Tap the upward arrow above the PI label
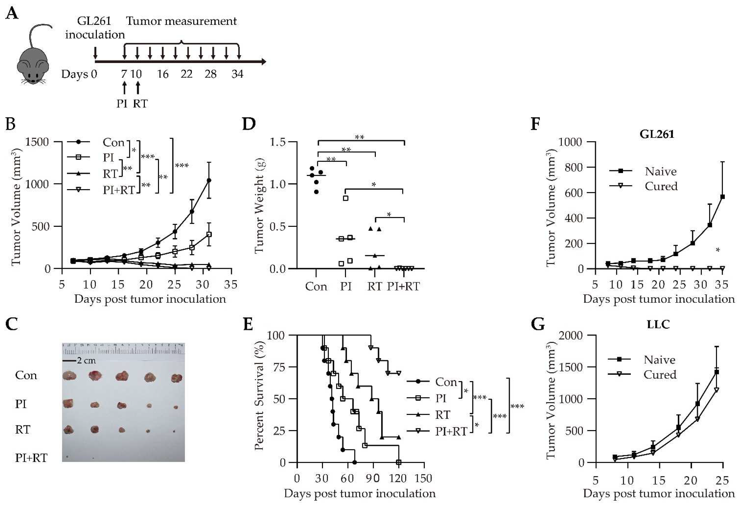(x=124, y=88)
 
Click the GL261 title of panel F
(x=657, y=134)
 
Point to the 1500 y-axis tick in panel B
(x=37, y=142)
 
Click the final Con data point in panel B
(x=209, y=180)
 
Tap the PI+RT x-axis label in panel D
(x=403, y=287)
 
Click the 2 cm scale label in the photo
(x=86, y=361)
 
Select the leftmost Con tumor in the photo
(x=69, y=376)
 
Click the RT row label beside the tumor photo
(x=22, y=429)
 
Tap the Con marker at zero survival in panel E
(x=355, y=462)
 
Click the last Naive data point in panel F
(x=723, y=197)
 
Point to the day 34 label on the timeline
(x=237, y=74)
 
